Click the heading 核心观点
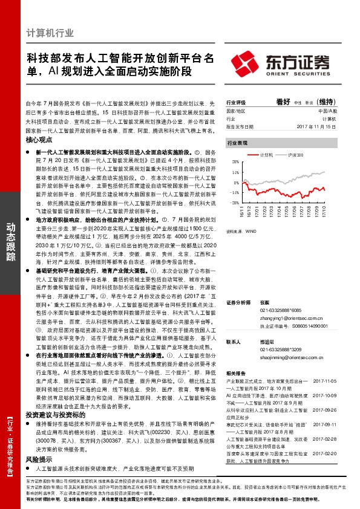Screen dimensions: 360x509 (39, 140)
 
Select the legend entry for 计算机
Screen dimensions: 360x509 (250, 155)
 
